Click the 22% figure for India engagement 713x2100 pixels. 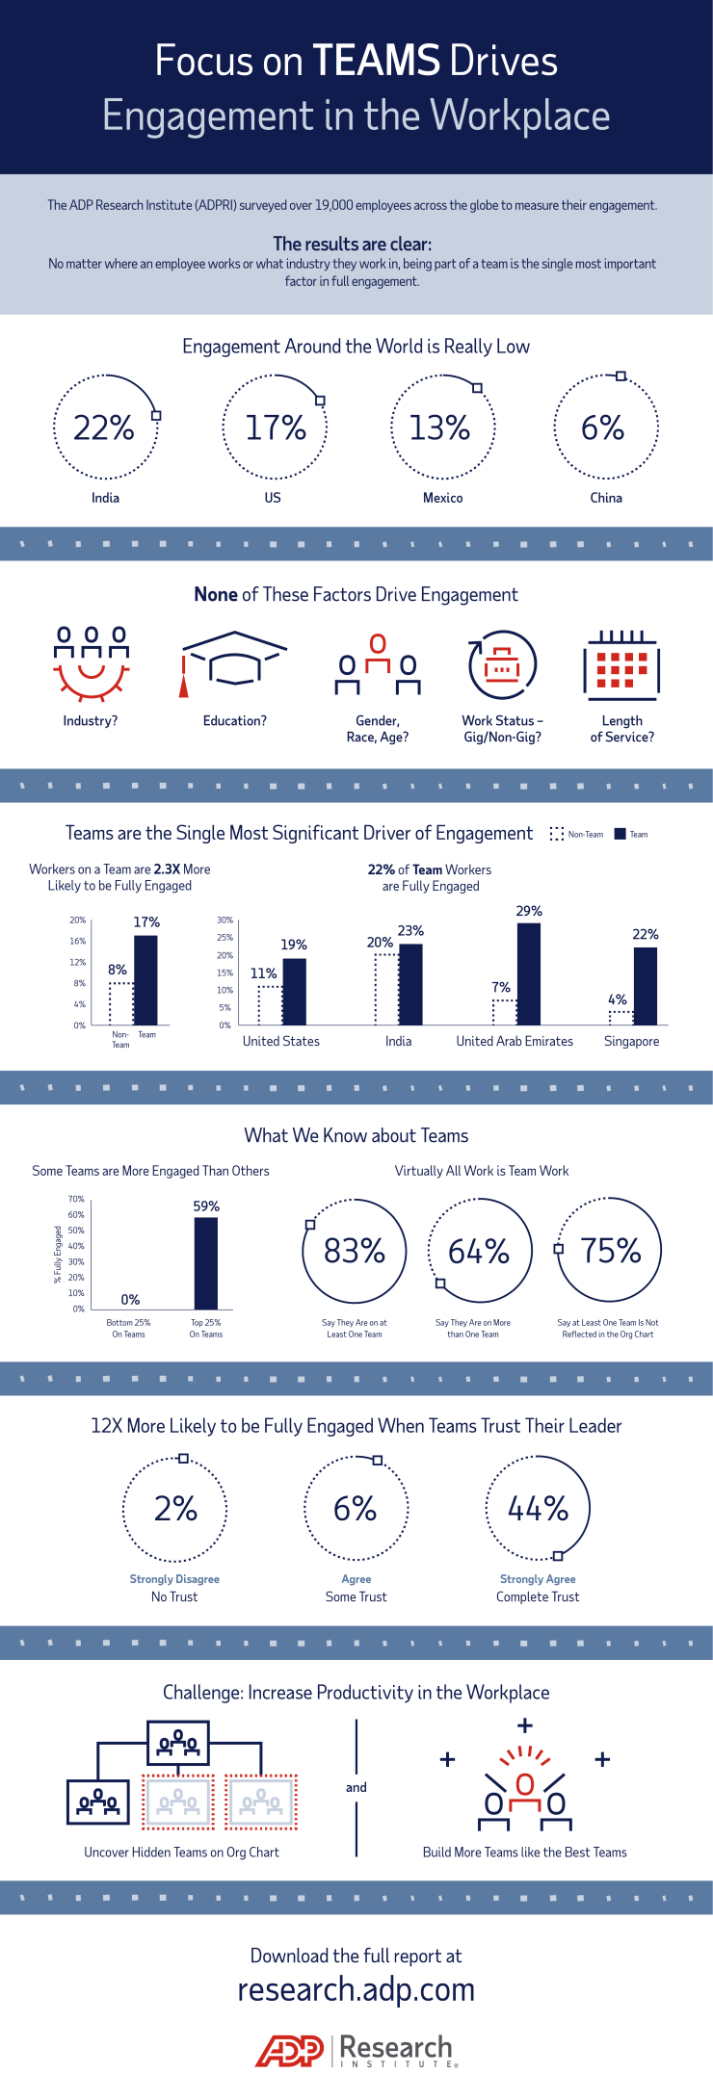click(104, 428)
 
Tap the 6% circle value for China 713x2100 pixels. click(603, 428)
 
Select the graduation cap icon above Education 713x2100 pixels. click(234, 661)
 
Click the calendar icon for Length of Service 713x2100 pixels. click(621, 664)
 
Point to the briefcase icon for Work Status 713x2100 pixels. click(502, 664)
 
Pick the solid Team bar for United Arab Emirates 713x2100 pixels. click(529, 973)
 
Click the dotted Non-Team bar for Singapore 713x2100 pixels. click(621, 1018)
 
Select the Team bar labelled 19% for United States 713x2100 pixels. click(295, 992)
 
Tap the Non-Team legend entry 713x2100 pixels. click(577, 834)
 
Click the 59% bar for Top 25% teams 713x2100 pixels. click(206, 1263)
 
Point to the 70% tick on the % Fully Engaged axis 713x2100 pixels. click(76, 1199)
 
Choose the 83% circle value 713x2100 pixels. click(355, 1251)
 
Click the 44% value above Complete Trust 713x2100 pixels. click(538, 1508)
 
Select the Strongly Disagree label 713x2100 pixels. click(174, 1579)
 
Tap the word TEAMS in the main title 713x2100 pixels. click(377, 61)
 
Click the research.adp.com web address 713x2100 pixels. click(356, 1989)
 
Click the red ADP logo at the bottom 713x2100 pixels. click(290, 2051)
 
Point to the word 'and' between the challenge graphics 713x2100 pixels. click(356, 1787)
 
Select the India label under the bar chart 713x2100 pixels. click(398, 1041)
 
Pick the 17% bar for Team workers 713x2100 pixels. click(145, 980)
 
